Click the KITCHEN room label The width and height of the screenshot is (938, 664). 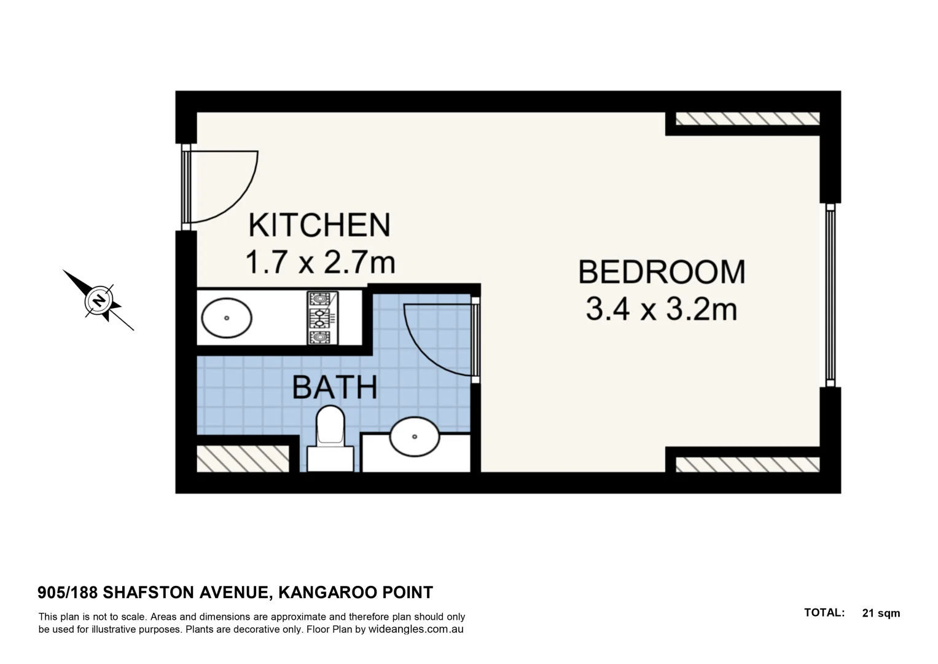pyautogui.click(x=319, y=225)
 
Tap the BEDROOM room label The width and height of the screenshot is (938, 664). pyautogui.click(x=662, y=272)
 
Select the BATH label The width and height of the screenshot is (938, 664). pyautogui.click(x=334, y=387)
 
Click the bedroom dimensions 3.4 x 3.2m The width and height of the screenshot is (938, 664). pyautogui.click(x=661, y=309)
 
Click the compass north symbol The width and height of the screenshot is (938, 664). pyautogui.click(x=98, y=301)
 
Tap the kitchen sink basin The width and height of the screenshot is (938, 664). pyautogui.click(x=227, y=318)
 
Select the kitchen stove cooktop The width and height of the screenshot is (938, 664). pyautogui.click(x=319, y=318)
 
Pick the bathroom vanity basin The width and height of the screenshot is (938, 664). pyautogui.click(x=415, y=437)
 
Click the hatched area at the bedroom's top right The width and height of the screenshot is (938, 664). pyautogui.click(x=748, y=119)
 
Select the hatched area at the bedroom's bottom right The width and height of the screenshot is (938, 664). pyautogui.click(x=748, y=464)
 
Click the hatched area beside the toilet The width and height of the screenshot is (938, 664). pyautogui.click(x=243, y=459)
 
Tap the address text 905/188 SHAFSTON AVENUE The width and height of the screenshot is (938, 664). pyautogui.click(x=153, y=593)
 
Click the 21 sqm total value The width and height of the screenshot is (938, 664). pyautogui.click(x=881, y=613)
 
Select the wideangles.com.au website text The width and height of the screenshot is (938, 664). pyautogui.click(x=416, y=630)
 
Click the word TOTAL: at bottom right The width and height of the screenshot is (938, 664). pyautogui.click(x=824, y=613)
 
